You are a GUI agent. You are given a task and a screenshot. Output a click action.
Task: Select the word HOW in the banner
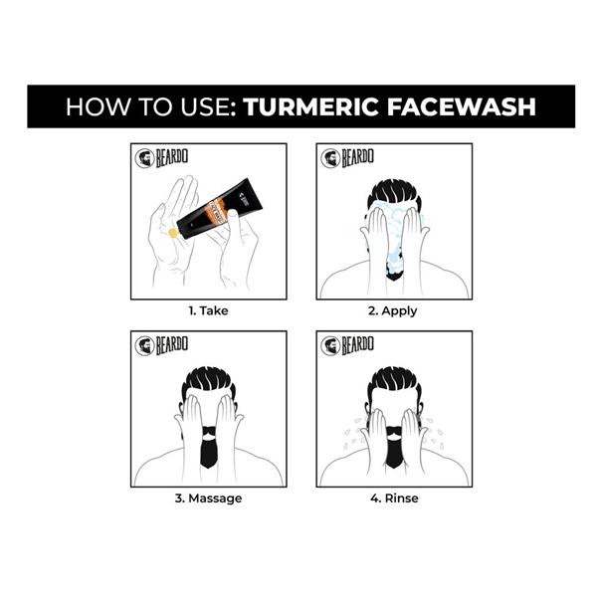point(88,106)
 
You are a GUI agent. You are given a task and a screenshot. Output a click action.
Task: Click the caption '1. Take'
point(208,310)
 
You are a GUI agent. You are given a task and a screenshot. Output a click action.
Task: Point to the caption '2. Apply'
point(393,310)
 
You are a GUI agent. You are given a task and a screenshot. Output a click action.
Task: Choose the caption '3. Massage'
point(208,497)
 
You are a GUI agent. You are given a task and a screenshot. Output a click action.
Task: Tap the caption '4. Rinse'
point(393,497)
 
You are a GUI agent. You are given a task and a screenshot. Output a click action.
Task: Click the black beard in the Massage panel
point(208,450)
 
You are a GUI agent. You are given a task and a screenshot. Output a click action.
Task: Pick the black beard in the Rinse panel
point(394,453)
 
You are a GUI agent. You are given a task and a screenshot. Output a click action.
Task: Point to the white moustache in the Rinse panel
point(394,433)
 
